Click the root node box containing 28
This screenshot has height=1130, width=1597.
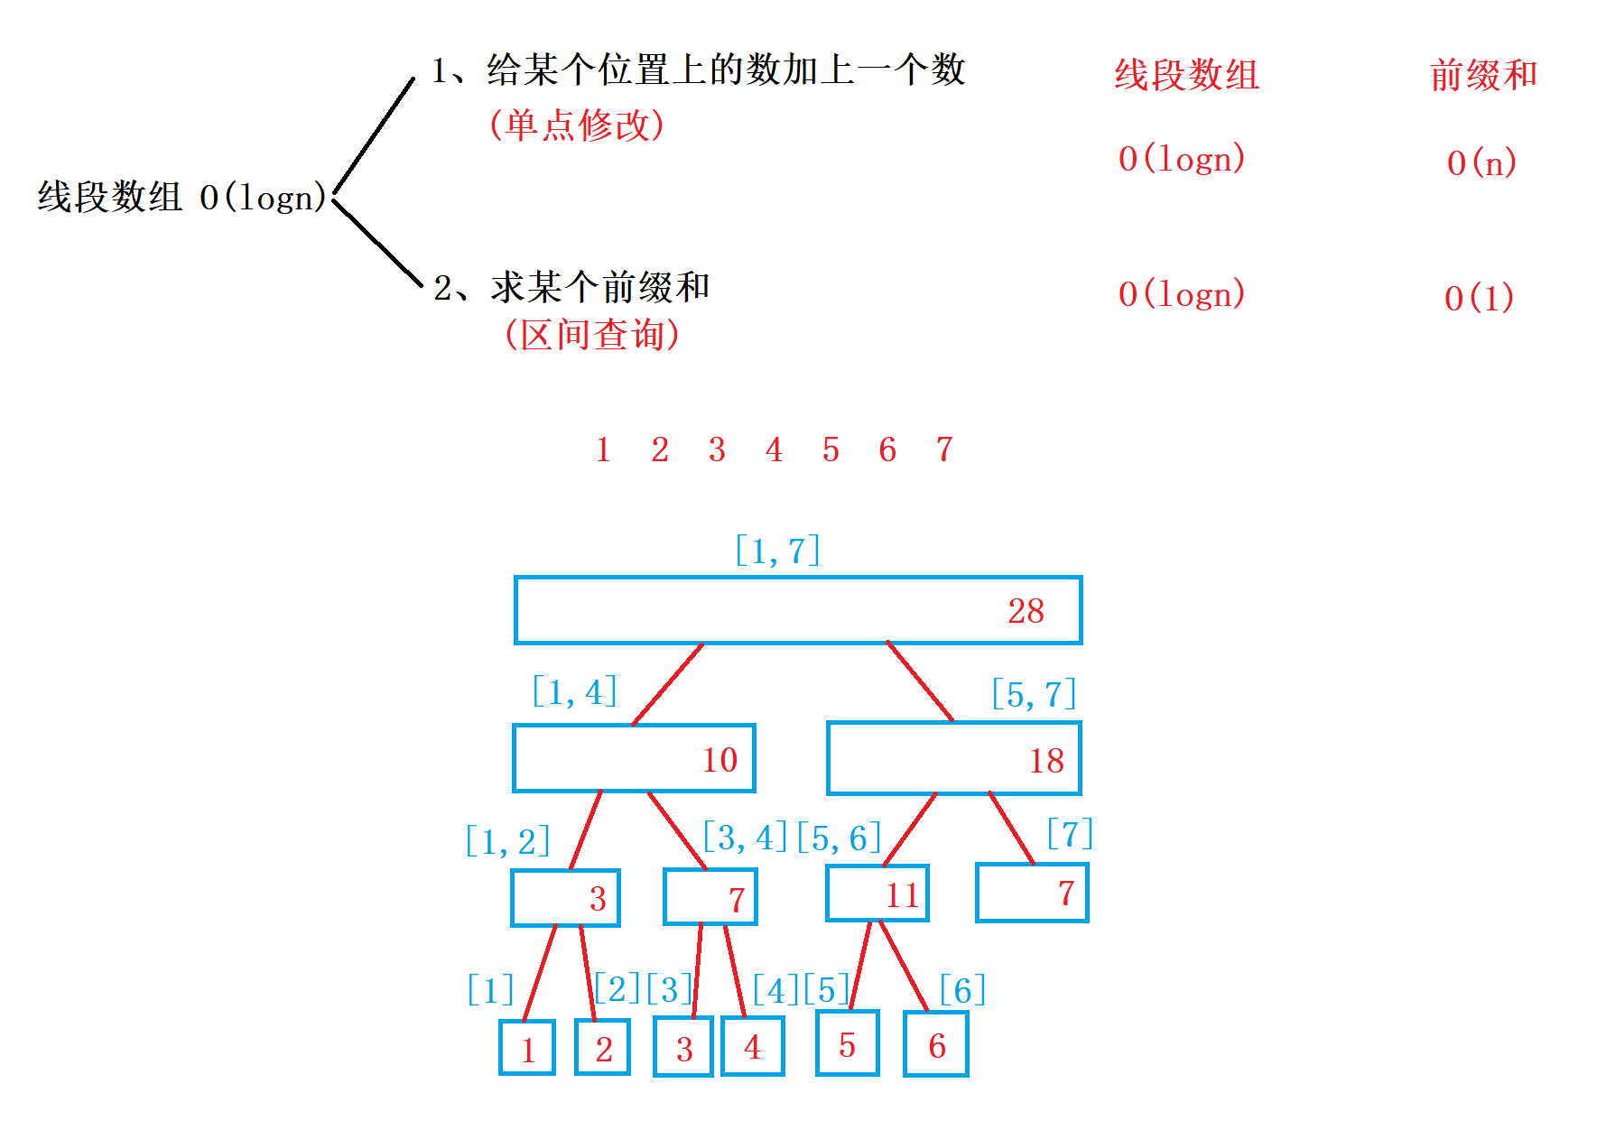pos(798,610)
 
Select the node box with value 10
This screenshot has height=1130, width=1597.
pos(634,758)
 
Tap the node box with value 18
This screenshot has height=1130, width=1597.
pos(953,758)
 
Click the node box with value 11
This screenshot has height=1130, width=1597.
pos(877,894)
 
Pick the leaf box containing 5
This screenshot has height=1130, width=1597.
pos(847,1043)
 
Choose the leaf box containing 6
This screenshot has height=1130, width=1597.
pos(936,1044)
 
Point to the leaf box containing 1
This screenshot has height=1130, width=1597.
pos(527,1047)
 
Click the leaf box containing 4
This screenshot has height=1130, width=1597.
pos(752,1046)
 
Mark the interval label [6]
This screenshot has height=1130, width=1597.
pos(962,990)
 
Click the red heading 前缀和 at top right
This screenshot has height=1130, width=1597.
pos(1483,75)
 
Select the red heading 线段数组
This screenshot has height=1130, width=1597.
pos(1186,75)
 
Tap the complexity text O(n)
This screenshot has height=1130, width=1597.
pos(1481,162)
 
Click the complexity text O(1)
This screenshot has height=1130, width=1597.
pos(1479,298)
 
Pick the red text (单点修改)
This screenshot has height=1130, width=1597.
pos(577,125)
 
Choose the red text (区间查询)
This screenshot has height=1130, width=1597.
pos(592,335)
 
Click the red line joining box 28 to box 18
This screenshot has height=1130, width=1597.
pos(920,681)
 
